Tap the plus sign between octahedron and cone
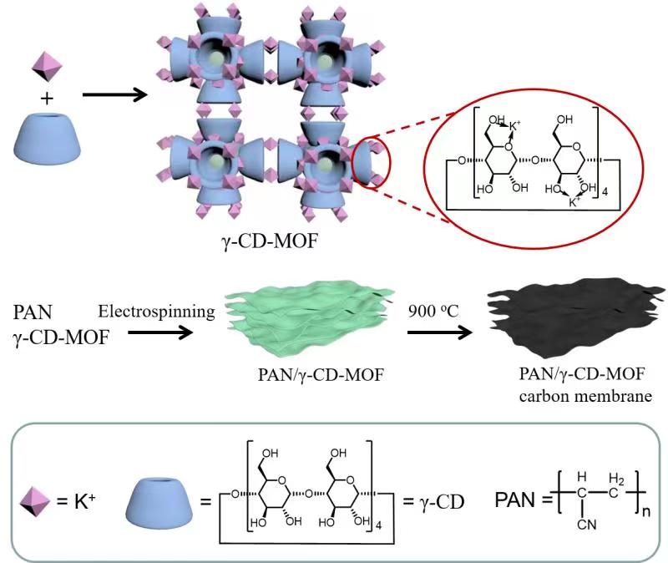[48, 99]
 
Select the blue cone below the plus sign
[48, 138]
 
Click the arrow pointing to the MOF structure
[114, 94]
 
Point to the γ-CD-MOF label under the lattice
[270, 241]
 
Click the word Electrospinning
[156, 312]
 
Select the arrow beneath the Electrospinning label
[160, 332]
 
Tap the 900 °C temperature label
[433, 311]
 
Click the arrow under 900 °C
[440, 332]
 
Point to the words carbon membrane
[585, 397]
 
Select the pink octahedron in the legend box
[35, 502]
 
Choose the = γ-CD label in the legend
[433, 502]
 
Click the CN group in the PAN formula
[587, 525]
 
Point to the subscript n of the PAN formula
[646, 510]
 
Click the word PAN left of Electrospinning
[33, 312]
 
